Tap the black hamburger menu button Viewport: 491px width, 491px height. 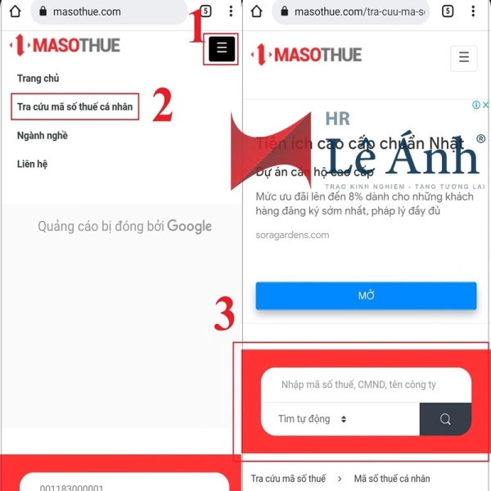222,49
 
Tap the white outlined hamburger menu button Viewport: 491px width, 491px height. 463,58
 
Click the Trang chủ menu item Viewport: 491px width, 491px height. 38,79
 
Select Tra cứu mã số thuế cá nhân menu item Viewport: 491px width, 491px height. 74,107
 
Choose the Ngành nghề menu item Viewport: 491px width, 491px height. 42,136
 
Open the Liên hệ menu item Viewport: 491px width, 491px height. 32,164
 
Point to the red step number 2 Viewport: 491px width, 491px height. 162,106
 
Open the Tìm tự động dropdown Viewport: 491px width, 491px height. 313,419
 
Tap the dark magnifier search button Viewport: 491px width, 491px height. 445,419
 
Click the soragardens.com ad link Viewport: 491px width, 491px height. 292,235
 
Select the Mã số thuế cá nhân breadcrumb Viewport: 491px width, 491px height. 391,479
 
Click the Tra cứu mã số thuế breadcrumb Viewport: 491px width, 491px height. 288,479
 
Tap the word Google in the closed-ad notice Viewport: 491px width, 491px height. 189,227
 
